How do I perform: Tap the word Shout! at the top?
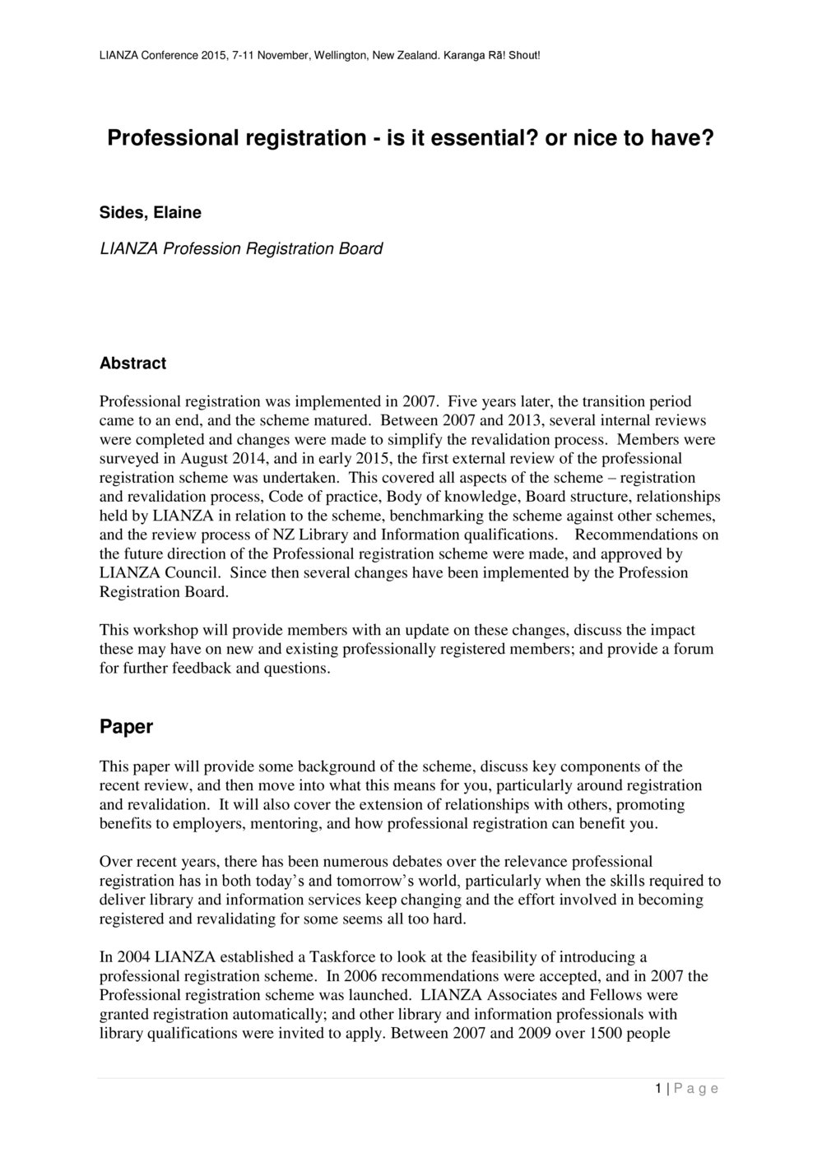tap(522, 56)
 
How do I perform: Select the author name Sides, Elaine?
tap(150, 212)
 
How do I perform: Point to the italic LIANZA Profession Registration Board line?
tap(240, 248)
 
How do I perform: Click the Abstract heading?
tap(132, 363)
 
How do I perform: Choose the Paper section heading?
tap(126, 727)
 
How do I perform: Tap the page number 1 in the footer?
tap(659, 1089)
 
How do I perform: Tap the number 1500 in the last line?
tap(609, 1033)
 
